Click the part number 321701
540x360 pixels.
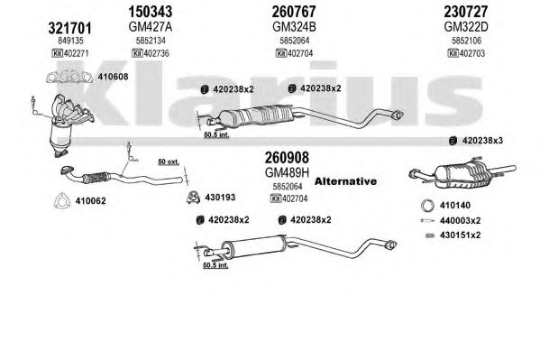pyautogui.click(x=70, y=28)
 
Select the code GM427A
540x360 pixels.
pyautogui.click(x=151, y=26)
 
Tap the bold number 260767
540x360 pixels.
pyautogui.click(x=294, y=12)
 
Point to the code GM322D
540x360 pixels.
pyautogui.click(x=466, y=26)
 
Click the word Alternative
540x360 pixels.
pyautogui.click(x=345, y=181)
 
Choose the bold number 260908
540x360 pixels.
pyautogui.click(x=287, y=158)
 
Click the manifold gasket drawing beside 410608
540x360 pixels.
pyautogui.click(x=69, y=77)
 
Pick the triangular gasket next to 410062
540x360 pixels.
pyautogui.click(x=62, y=200)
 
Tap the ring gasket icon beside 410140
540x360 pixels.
pyautogui.click(x=427, y=206)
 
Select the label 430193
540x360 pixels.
pyautogui.click(x=220, y=198)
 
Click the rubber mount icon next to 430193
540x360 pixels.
pyautogui.click(x=194, y=197)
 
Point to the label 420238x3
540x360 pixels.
pyautogui.click(x=482, y=141)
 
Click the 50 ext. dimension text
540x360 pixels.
pyautogui.click(x=169, y=162)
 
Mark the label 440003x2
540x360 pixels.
pyautogui.click(x=460, y=220)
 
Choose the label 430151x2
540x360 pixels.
pyautogui.click(x=460, y=235)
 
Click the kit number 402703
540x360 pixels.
pyautogui.click(x=471, y=53)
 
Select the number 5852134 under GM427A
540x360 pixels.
pyautogui.click(x=151, y=41)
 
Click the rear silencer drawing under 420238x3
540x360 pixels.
pyautogui.click(x=462, y=174)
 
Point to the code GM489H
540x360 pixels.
pyautogui.click(x=287, y=172)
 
